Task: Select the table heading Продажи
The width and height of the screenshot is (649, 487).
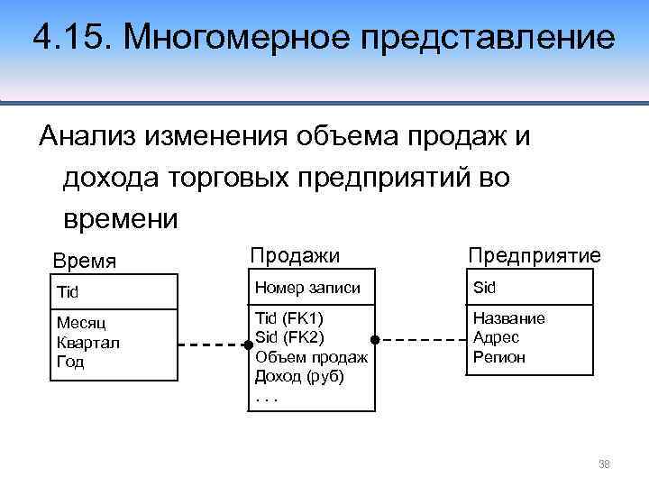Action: click(x=295, y=256)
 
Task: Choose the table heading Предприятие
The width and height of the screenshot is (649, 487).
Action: click(x=534, y=256)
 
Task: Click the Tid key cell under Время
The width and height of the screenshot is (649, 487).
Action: click(x=69, y=291)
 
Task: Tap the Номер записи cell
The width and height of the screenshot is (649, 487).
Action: click(x=308, y=289)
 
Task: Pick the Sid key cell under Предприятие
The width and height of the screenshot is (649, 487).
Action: click(x=485, y=289)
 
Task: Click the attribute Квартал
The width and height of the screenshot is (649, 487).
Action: click(x=87, y=343)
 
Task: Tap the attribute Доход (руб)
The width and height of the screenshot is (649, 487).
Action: click(x=300, y=376)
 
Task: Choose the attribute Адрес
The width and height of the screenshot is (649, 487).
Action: click(x=496, y=337)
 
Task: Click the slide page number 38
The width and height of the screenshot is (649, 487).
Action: click(x=605, y=464)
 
